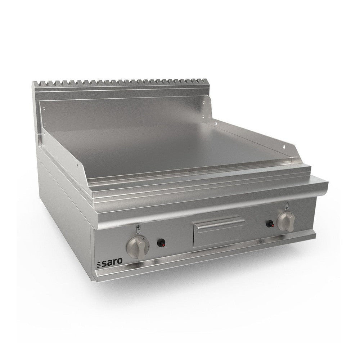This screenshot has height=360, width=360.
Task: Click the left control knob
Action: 138,247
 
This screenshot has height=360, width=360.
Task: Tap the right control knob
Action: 286,221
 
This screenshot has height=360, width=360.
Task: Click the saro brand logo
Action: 109,263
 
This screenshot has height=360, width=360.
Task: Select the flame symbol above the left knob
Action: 138,229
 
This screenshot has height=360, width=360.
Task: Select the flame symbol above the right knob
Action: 287,206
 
